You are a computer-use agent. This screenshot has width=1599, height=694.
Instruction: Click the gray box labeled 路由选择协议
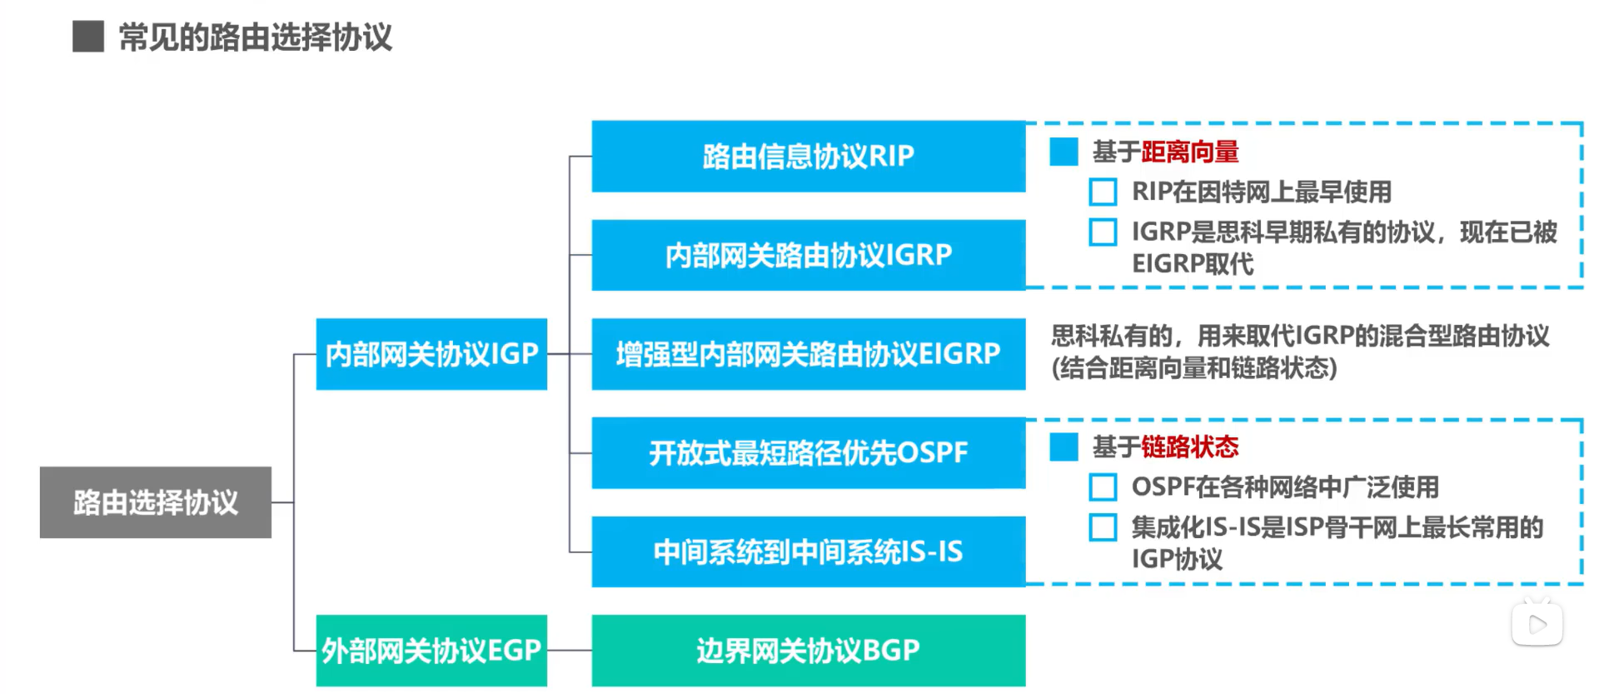(x=156, y=502)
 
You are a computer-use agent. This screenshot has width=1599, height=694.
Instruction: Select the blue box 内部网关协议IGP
(x=431, y=354)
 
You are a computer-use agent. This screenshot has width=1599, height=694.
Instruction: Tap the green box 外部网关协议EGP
(x=431, y=651)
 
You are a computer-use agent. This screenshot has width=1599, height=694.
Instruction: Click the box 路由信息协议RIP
(x=808, y=157)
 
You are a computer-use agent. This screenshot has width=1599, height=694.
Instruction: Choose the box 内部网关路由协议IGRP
(x=808, y=255)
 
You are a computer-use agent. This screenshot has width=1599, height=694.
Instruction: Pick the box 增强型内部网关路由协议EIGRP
(x=808, y=354)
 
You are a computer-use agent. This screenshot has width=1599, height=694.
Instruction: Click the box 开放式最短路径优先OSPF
(x=808, y=453)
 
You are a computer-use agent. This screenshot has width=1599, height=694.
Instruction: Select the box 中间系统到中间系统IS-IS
(x=808, y=552)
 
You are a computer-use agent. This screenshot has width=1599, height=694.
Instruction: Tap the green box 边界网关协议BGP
(x=808, y=651)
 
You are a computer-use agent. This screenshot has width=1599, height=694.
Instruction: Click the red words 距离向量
(x=1190, y=152)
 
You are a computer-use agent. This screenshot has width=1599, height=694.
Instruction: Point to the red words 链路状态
(x=1190, y=447)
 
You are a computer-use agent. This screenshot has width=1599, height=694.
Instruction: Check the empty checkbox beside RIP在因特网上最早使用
(x=1103, y=192)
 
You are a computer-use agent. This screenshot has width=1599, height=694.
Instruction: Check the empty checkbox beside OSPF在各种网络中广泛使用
(x=1103, y=487)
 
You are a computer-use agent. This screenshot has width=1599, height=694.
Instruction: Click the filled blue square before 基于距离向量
(x=1064, y=152)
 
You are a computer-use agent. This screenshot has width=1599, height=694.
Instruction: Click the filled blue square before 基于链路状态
(x=1064, y=447)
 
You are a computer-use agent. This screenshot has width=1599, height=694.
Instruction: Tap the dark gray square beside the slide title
(x=88, y=37)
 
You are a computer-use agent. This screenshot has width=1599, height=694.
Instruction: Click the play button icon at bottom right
(x=1537, y=624)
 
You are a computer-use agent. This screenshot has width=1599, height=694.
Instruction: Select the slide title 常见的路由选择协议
(x=255, y=37)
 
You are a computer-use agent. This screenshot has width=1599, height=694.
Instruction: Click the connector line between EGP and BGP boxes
(x=570, y=650)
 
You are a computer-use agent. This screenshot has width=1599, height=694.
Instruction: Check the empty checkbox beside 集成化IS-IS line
(x=1103, y=527)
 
